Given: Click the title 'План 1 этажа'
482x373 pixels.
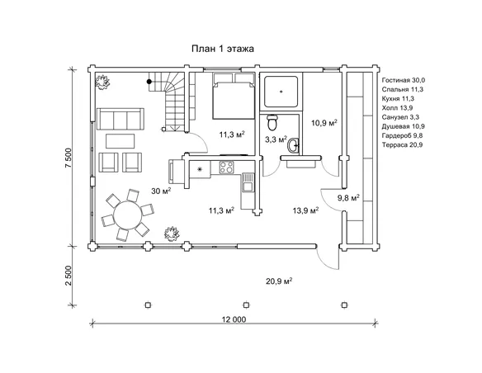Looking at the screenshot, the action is [223, 49].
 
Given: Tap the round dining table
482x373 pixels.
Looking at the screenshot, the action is [128, 215].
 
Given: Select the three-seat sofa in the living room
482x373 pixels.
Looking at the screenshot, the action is [120, 119].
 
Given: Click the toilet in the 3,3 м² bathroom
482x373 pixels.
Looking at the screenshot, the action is [272, 122].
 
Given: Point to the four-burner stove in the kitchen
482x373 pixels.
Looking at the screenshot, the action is [226, 168].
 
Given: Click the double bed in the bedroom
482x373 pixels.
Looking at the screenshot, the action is [234, 97].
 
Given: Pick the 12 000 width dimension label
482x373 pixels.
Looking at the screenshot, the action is [234, 319].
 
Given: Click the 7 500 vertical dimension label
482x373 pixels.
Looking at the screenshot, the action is [69, 158].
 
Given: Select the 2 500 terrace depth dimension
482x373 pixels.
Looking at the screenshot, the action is [69, 276].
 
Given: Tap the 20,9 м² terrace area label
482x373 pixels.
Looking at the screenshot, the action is [279, 281].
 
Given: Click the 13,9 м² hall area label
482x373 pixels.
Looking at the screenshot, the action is [305, 210].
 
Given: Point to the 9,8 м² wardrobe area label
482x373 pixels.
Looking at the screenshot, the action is [348, 198].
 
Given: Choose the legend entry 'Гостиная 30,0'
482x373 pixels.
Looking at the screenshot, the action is [404, 80].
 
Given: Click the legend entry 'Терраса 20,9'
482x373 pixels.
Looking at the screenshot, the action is [402, 144].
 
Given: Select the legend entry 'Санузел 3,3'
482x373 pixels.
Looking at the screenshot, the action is [400, 117].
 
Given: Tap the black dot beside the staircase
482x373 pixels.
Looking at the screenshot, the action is [149, 82].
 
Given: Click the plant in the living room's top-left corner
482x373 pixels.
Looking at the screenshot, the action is [102, 82].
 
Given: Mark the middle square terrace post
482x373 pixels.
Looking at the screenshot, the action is [246, 305].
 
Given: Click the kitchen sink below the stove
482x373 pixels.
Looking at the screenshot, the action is [248, 182].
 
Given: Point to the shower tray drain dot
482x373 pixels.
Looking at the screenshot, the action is [281, 92].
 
